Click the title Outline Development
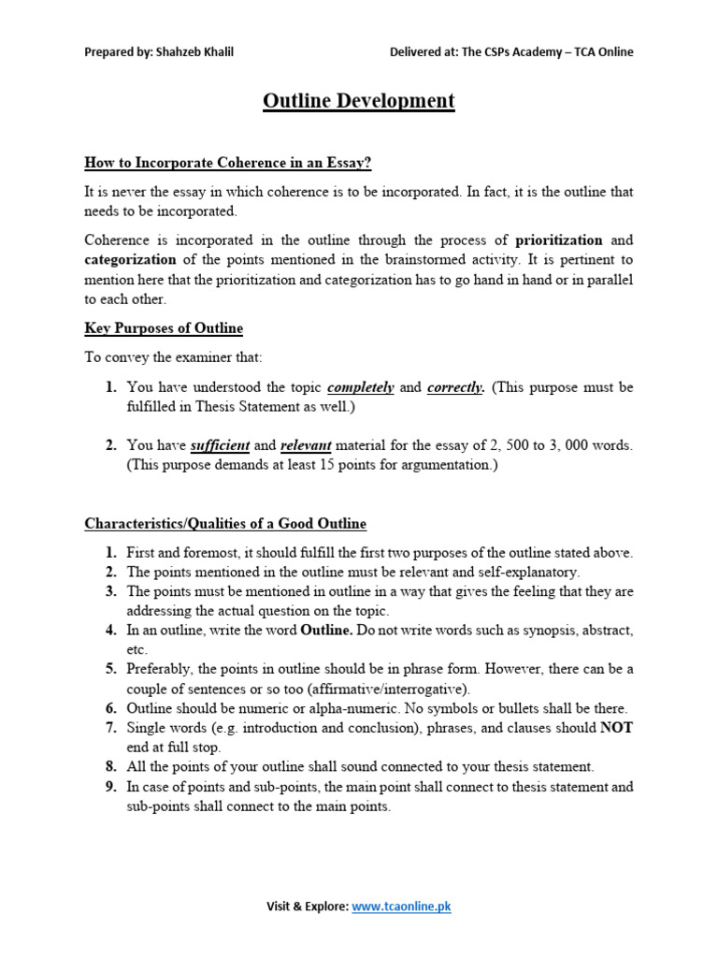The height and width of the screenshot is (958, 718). pos(358,101)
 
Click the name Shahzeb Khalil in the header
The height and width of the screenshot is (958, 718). pos(200,51)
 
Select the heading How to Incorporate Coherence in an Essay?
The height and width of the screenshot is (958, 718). pos(228,163)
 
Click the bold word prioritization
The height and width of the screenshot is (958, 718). pos(559,239)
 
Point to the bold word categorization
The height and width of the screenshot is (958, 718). pos(130,259)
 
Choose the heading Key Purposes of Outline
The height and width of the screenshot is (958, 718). pos(164,327)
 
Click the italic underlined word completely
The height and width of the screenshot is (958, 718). pos(361,387)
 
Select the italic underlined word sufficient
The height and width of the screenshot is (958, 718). pos(220,445)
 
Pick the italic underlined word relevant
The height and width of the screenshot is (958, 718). pos(305,445)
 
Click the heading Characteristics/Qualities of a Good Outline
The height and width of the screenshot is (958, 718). pos(225,523)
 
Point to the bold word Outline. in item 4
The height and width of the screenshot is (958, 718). pos(326,630)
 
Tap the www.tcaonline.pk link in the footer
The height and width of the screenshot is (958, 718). pos(401,907)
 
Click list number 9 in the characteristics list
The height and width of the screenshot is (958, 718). pos(110,787)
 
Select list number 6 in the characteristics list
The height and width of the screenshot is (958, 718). pos(110,708)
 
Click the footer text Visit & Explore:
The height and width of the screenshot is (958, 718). pos(307,907)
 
